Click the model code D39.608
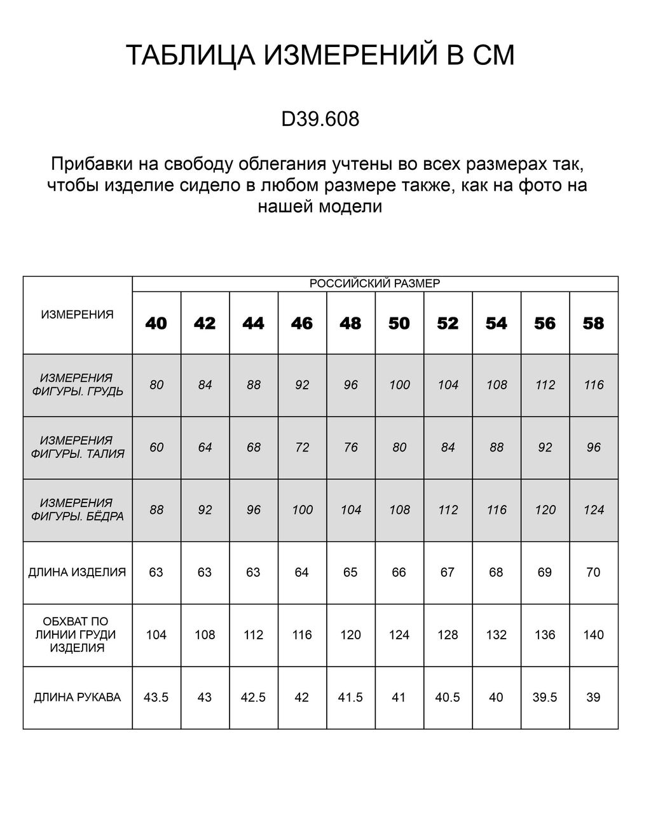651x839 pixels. (x=320, y=119)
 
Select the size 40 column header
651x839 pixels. (x=156, y=323)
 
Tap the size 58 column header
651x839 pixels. (x=593, y=323)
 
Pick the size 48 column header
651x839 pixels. (x=350, y=323)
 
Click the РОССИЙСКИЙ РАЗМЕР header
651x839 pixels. (x=374, y=284)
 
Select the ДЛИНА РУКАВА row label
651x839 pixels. (x=77, y=697)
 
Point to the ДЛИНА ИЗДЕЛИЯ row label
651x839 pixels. (x=77, y=572)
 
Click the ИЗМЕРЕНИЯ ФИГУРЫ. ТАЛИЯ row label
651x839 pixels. (x=77, y=447)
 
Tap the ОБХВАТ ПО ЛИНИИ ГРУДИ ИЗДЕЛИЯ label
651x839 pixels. (x=77, y=634)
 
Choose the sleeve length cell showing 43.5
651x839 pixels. (x=156, y=697)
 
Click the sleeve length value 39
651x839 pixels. (x=593, y=697)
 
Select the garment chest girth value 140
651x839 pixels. (x=593, y=634)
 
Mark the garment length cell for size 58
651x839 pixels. (x=593, y=572)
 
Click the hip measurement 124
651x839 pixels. (x=593, y=510)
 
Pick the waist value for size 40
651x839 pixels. (x=156, y=447)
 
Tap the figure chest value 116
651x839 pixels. (x=593, y=385)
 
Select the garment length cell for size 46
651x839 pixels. (x=301, y=572)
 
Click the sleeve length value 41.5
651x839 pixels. (x=350, y=697)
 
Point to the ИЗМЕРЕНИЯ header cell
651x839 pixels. (x=77, y=314)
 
